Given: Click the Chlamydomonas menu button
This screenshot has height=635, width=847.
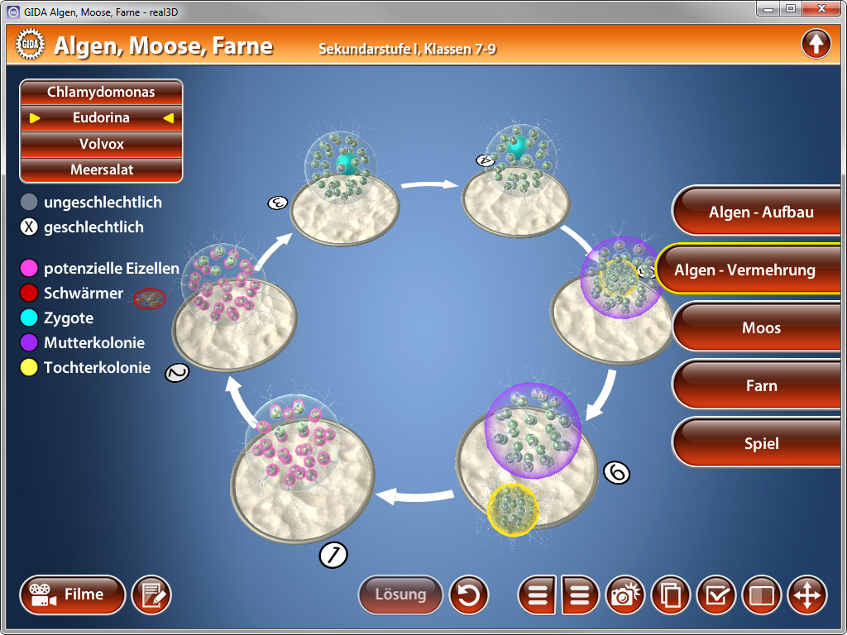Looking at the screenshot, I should point(101,92).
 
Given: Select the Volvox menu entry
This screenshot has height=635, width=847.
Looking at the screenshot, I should point(101,144).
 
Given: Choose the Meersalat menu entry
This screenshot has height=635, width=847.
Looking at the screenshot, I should point(101,169).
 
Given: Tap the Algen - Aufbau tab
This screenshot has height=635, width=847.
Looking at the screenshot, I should point(760,212).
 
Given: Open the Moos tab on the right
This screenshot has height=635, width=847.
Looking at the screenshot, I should point(760,328).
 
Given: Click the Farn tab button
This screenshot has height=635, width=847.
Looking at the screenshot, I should point(760,386).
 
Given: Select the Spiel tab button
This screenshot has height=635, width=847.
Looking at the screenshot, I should point(760,444).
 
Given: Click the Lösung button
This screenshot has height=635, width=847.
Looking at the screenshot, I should point(400,594).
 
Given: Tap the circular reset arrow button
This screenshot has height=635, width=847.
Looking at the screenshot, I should point(469,594).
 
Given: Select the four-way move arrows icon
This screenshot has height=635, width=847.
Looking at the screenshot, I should point(806,594).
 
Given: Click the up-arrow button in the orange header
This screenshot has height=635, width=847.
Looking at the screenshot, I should point(816,44).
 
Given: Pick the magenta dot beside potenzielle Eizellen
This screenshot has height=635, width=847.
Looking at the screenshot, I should point(29,268).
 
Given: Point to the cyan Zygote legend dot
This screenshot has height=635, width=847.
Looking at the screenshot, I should point(29,318).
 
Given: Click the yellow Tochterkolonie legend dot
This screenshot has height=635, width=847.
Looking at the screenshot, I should point(29,368).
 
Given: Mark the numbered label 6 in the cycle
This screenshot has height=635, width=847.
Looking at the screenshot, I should point(616,472).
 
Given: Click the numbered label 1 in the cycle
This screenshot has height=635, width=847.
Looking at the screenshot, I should point(333,556).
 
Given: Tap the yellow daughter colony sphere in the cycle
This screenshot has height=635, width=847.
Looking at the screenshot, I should point(513,508).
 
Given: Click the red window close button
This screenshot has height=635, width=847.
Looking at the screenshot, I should point(821,8).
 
